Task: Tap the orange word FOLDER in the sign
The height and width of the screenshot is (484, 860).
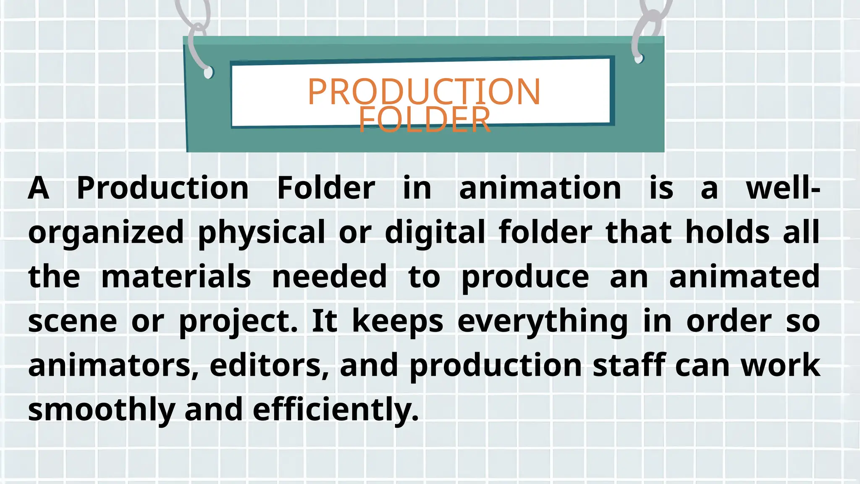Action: coord(424,120)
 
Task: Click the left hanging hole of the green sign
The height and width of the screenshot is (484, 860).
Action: coord(208,73)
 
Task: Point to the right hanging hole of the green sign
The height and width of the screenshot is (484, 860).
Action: coord(639,58)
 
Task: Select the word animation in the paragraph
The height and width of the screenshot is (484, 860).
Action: coord(540,188)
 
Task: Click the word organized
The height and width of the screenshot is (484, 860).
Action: coord(106,232)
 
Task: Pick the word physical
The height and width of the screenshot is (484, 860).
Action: coord(262,232)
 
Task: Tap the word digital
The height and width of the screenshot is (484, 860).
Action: coord(435,232)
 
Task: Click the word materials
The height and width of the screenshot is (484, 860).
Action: coord(176,277)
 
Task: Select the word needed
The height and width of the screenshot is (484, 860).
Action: coord(329,277)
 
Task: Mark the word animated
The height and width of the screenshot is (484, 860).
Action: coord(744,277)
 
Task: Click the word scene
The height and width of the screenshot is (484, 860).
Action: coord(73,322)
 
